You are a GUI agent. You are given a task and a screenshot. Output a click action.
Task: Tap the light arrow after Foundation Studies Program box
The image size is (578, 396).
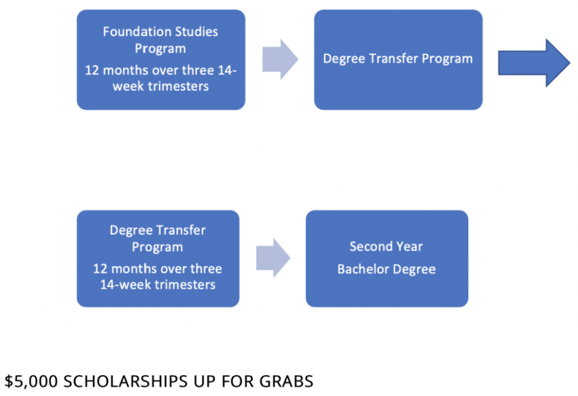click(x=280, y=60)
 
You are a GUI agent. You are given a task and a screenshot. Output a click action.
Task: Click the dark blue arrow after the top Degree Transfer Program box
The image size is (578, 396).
click(x=534, y=63)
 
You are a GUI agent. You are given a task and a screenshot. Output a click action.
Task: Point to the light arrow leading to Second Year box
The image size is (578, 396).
click(x=273, y=258)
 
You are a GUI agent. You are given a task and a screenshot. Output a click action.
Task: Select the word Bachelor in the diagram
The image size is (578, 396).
click(x=363, y=269)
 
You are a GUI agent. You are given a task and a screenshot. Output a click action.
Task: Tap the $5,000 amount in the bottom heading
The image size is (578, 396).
click(x=31, y=381)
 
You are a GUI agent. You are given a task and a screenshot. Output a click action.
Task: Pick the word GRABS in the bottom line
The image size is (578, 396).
click(x=287, y=381)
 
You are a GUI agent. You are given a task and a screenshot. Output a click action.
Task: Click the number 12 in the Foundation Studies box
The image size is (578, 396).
click(x=92, y=71)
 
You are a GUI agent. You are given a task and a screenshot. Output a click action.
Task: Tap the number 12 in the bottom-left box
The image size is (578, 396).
click(x=99, y=269)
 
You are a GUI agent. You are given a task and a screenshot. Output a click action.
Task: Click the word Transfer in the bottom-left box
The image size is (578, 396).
click(x=181, y=230)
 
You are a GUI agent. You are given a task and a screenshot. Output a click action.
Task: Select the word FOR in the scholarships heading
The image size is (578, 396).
click(x=238, y=381)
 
